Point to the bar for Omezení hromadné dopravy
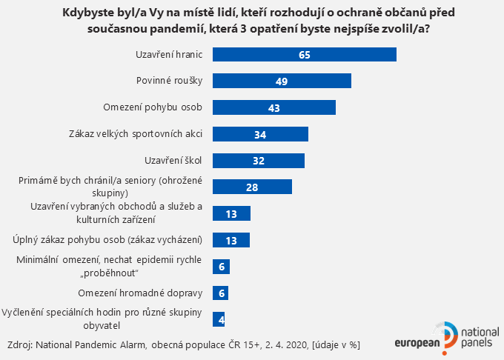click(220, 293)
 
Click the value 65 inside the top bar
click(304, 55)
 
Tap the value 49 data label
click(282, 81)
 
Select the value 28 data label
click(252, 187)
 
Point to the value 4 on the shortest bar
click(219, 319)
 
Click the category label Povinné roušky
click(170, 81)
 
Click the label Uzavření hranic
click(170, 55)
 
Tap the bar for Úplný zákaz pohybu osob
click(231, 240)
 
